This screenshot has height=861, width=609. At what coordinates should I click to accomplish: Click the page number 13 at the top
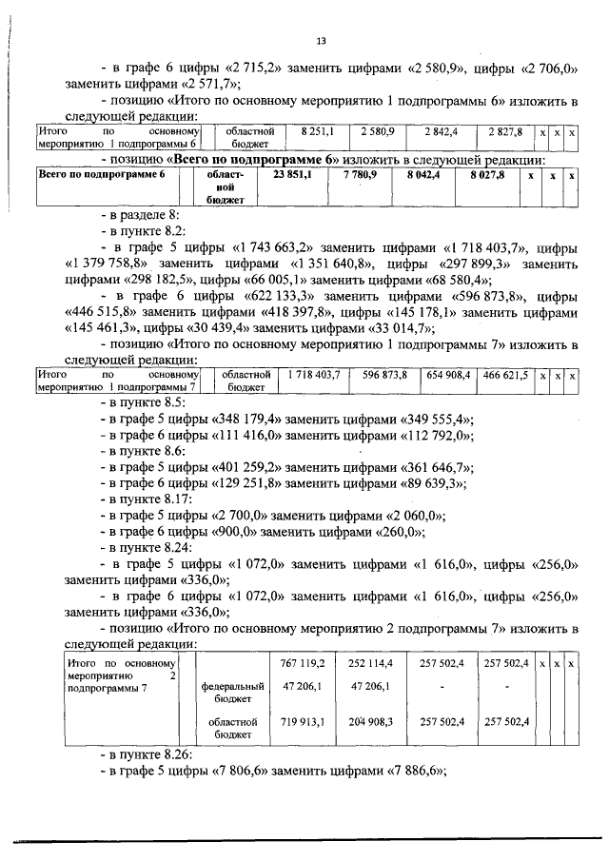coord(321,40)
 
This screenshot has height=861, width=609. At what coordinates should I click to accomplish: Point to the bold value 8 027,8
coord(486,176)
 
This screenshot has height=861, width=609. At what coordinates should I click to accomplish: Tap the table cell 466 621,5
coord(505,376)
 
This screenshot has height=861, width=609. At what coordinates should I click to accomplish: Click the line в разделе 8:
coord(144,217)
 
